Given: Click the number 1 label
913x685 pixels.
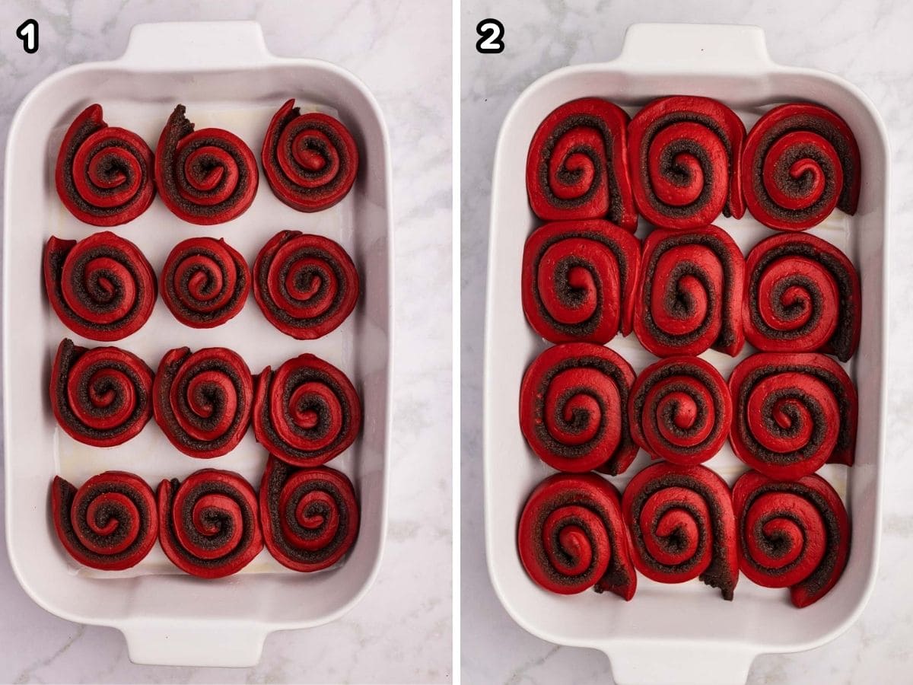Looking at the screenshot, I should coord(27,37).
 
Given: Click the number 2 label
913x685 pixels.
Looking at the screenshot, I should coord(490,37).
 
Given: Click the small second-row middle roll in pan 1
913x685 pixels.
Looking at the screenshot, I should coord(205,282).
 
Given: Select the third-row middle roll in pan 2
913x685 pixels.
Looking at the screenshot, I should coord(680,409).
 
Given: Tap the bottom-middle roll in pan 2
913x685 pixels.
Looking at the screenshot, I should coord(680,527).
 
